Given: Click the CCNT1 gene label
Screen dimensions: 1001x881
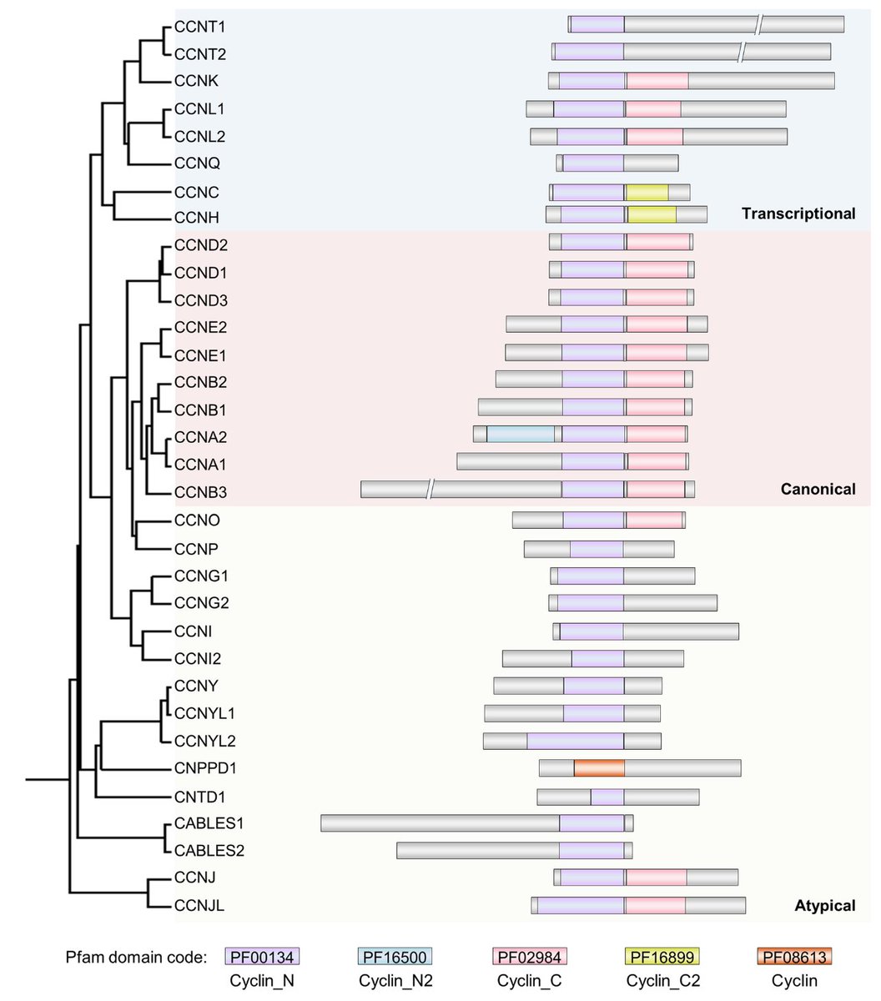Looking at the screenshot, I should pos(200,27).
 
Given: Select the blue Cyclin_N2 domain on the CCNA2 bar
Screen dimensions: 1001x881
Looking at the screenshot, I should pos(521,435).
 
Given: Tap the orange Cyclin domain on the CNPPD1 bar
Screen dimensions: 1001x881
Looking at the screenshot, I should pos(599,768).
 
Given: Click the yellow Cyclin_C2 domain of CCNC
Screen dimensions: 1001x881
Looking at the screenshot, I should pos(647,193).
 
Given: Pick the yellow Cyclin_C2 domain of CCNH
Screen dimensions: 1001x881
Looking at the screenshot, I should pos(652,215).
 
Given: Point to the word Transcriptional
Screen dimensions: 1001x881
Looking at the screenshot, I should pos(798,214).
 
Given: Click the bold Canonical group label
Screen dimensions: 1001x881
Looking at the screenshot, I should pos(818,490).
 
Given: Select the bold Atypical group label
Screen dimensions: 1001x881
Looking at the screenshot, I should pos(825,905).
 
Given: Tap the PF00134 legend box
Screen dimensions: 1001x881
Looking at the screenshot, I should pos(263,957).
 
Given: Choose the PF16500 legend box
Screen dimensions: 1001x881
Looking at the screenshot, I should pos(395,957).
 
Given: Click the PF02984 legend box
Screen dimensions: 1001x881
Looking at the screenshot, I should pos(526,957).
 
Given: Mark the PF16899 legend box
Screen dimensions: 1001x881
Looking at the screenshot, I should pos(662,957).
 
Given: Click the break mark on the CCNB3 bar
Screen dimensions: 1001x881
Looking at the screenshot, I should pos(430,490).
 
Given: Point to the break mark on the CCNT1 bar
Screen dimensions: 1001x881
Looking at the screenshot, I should pos(758,25).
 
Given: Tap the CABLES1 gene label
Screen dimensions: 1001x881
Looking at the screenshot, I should pos(209,824).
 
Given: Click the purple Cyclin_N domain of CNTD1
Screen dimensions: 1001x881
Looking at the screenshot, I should pos(607,797).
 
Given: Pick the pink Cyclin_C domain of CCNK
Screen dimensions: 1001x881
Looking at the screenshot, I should pos(657,81).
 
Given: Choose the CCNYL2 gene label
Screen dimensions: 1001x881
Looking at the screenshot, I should pos(205,741).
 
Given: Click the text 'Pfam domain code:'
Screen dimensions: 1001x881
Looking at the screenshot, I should pos(133,957).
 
